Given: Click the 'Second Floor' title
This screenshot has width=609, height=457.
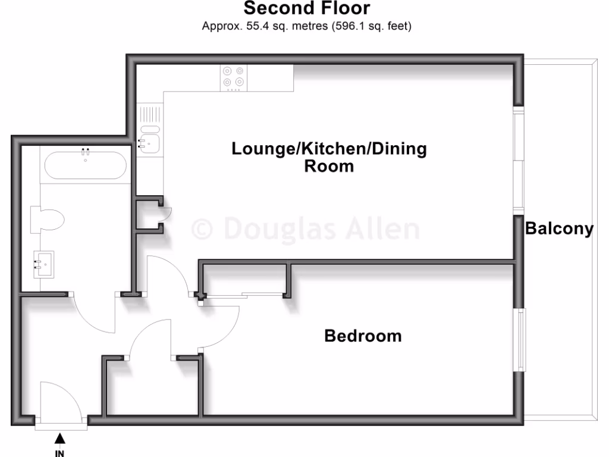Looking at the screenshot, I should (306, 8).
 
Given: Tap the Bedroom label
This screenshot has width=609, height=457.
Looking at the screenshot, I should (363, 336).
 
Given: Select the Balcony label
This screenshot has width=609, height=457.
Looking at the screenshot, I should (559, 229).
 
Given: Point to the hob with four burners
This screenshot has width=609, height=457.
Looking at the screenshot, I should (233, 77).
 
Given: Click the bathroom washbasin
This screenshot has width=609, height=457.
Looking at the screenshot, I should (43, 262).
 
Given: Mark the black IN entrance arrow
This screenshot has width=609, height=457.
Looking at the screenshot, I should (59, 439).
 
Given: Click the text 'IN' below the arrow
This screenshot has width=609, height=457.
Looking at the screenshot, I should (59, 452).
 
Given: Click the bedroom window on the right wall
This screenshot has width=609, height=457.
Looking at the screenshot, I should (522, 340).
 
